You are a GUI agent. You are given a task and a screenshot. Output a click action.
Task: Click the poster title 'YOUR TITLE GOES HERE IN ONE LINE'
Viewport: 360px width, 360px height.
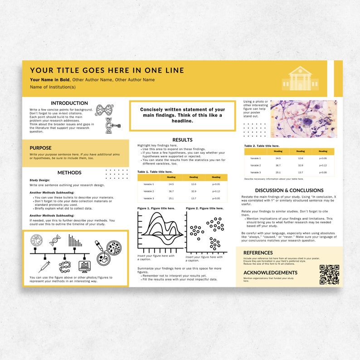[x=107, y=70]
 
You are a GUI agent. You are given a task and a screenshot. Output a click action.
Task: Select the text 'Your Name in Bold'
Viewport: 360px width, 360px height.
[x=50, y=80]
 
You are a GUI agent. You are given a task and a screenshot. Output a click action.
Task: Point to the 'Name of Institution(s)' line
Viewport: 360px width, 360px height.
[x=53, y=87]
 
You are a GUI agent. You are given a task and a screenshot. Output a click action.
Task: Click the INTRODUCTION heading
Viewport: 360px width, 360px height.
[x=69, y=103]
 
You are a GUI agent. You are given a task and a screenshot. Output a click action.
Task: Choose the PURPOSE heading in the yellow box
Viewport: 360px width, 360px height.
[x=41, y=148]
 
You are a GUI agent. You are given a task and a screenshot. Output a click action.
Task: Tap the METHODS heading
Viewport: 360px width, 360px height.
[x=69, y=173]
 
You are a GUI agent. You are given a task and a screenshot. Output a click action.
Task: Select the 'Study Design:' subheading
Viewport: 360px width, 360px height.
[x=39, y=180]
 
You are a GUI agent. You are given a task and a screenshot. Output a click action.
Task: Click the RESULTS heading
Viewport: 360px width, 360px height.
[x=182, y=140]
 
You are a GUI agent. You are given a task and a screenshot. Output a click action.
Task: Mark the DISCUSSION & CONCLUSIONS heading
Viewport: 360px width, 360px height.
[x=289, y=190]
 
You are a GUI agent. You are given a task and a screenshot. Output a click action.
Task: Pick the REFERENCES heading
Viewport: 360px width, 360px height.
[x=258, y=253]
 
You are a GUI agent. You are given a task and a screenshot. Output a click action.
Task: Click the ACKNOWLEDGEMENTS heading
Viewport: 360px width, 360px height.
[x=270, y=272]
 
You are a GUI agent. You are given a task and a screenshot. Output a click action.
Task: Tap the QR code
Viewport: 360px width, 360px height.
[x=329, y=274]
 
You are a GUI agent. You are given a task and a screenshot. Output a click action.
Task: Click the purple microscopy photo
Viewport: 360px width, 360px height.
[x=304, y=119]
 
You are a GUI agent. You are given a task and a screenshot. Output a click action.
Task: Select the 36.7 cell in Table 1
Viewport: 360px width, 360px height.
[x=171, y=191]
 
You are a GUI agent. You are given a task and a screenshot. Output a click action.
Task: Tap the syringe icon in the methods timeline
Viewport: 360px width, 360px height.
[x=44, y=266]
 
